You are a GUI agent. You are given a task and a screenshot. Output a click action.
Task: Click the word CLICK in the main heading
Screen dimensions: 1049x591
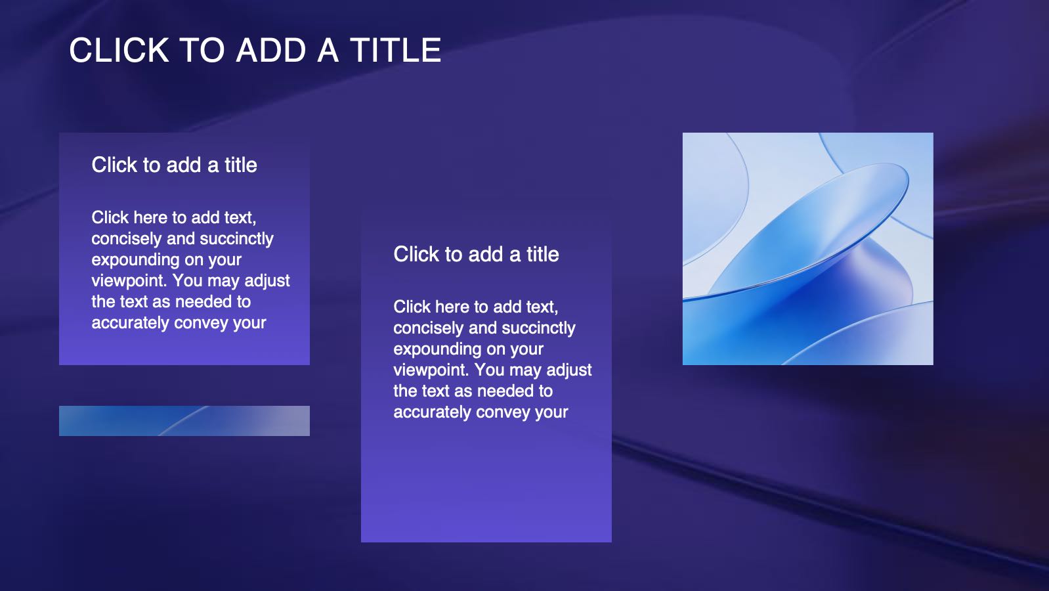point(119,50)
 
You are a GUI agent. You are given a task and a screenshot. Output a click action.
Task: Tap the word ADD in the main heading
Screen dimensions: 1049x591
point(271,50)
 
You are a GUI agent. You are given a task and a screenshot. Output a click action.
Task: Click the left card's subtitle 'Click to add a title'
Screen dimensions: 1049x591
point(174,165)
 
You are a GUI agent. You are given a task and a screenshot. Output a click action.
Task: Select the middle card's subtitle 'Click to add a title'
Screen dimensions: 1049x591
point(477,254)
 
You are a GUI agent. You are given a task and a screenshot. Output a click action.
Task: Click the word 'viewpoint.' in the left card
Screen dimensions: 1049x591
point(129,280)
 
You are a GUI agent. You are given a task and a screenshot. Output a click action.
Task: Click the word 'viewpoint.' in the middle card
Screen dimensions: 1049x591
point(431,370)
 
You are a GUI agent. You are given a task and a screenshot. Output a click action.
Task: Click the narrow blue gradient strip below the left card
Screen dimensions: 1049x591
point(184,421)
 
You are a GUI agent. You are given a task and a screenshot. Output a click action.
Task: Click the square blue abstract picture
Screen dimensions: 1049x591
point(808,249)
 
